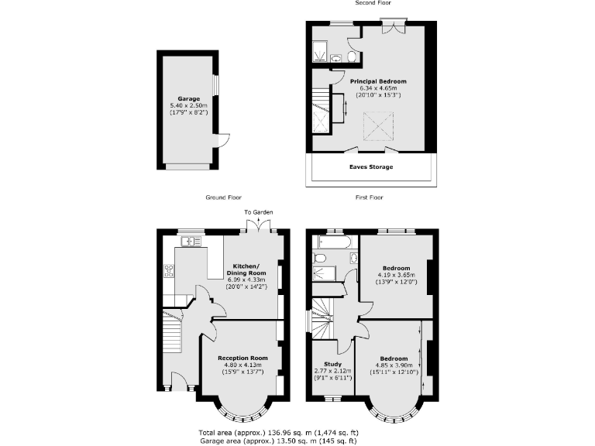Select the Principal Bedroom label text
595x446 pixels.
(x=377, y=81)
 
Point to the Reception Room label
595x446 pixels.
(x=242, y=358)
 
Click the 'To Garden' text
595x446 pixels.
(x=259, y=212)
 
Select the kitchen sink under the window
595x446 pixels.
(x=190, y=242)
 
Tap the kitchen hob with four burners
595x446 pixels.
(x=169, y=270)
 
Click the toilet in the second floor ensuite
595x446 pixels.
(x=353, y=57)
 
